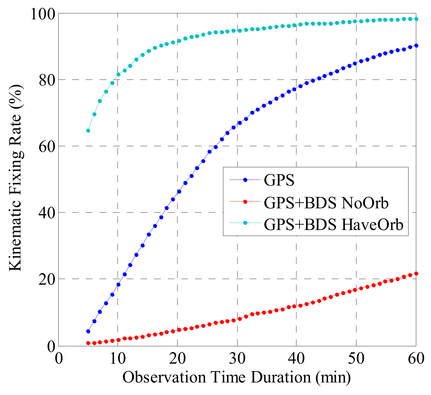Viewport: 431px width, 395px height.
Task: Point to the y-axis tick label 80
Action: [46, 80]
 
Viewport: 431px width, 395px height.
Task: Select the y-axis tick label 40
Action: [46, 213]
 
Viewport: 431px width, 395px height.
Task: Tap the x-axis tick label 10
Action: [118, 358]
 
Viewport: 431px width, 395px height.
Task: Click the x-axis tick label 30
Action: [237, 358]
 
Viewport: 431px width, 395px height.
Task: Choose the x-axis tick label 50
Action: [356, 358]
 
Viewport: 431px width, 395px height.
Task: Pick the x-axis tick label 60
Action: [416, 358]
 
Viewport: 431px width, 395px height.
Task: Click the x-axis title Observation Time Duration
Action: [236, 377]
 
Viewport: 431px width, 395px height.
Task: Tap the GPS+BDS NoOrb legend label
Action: [326, 203]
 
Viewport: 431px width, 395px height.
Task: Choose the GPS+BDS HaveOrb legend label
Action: [333, 225]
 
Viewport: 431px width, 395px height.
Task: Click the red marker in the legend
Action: [245, 202]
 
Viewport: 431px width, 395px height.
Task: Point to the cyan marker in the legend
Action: [245, 224]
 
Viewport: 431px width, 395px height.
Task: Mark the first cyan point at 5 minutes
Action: [88, 131]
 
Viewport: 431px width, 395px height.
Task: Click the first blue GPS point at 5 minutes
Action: [88, 331]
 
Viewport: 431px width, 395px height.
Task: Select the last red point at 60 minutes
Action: [416, 274]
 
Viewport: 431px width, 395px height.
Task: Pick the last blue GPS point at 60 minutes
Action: [416, 46]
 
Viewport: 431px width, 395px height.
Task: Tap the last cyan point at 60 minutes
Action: [416, 19]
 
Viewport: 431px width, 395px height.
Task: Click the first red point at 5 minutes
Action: [88, 343]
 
